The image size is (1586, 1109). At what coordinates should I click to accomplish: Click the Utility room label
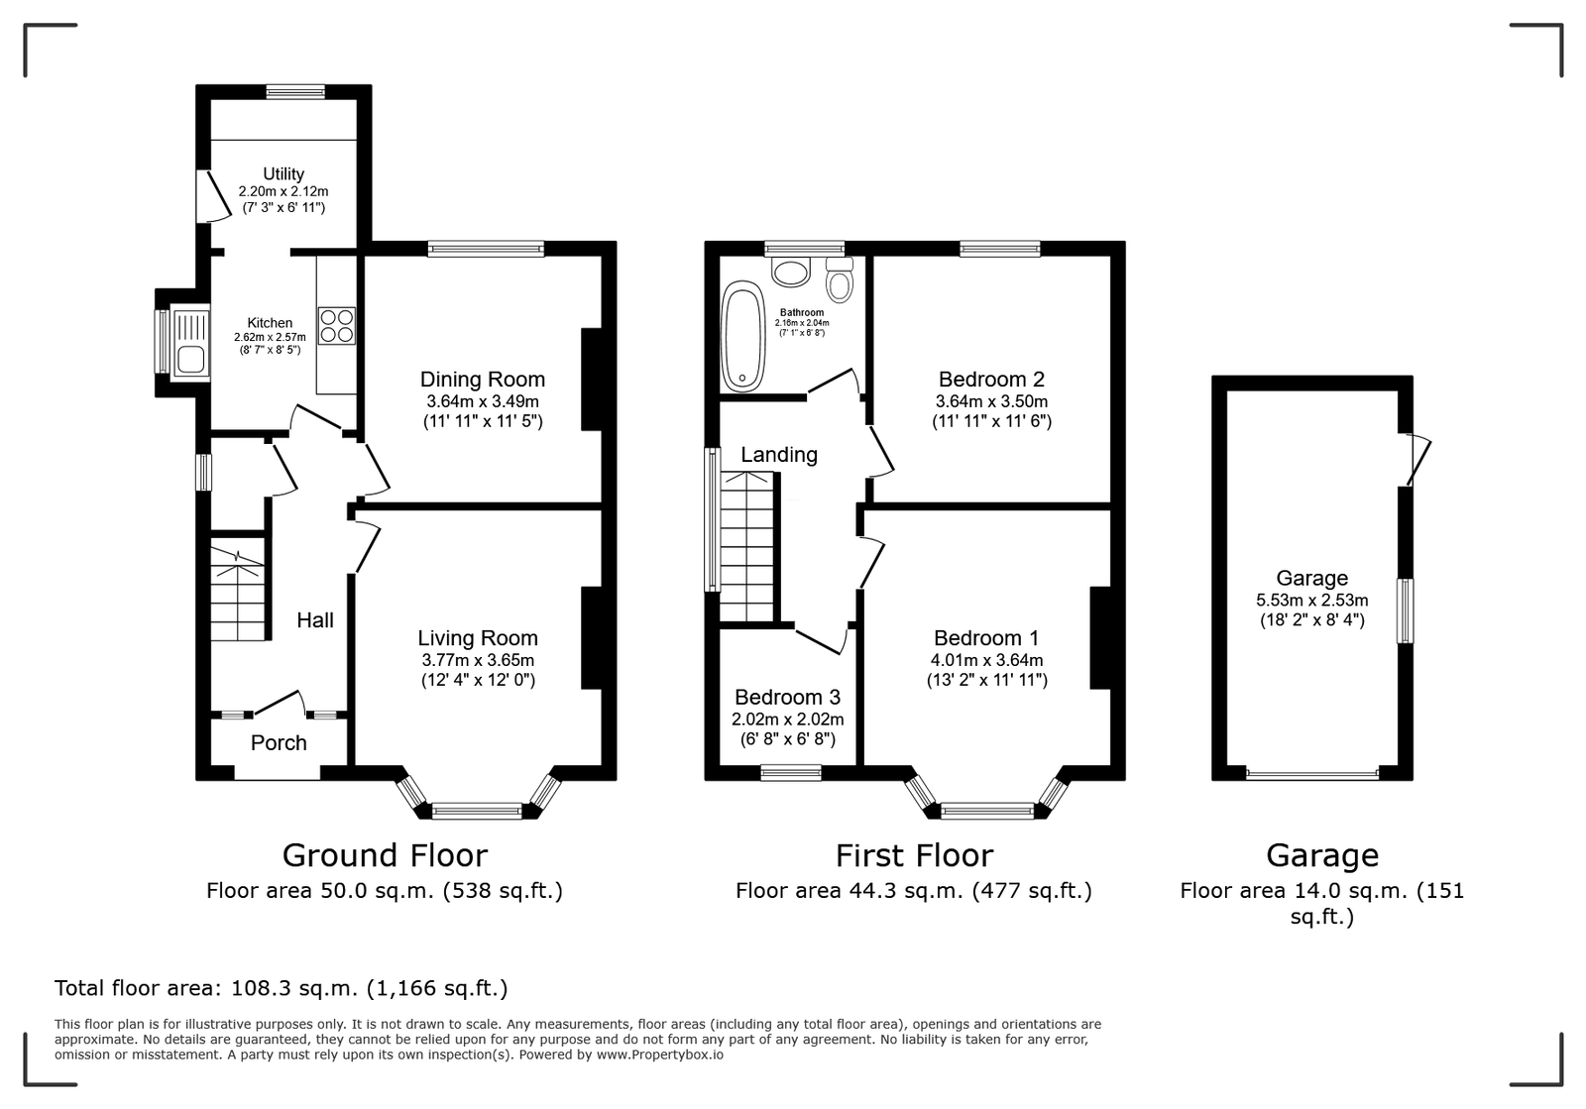point(283,174)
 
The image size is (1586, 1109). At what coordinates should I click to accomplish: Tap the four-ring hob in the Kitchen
point(337,325)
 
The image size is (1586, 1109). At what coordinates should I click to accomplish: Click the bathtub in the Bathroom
point(742,337)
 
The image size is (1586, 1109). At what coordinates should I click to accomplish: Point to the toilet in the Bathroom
point(840,278)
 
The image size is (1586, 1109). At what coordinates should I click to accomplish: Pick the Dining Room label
point(482,380)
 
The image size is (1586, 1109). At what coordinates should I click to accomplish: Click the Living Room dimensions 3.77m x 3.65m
point(478,660)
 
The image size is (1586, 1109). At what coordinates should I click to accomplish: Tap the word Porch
point(279,742)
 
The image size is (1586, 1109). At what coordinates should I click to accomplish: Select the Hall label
point(315,620)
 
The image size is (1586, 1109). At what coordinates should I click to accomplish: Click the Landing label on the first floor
point(779,454)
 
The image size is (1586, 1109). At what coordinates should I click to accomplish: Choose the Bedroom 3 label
point(787,697)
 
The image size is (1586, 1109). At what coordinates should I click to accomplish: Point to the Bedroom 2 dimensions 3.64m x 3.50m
point(991,401)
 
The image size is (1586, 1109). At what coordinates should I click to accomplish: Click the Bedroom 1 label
point(986,637)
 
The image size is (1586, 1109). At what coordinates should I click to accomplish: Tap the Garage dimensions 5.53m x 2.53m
point(1312,601)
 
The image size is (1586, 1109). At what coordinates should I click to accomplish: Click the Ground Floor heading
point(386,855)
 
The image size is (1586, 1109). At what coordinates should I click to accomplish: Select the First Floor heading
point(914,855)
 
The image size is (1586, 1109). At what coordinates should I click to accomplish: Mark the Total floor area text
point(282,987)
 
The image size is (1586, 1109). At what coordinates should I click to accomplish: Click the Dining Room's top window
point(486,249)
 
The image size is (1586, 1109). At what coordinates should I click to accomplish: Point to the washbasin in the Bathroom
point(790,272)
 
